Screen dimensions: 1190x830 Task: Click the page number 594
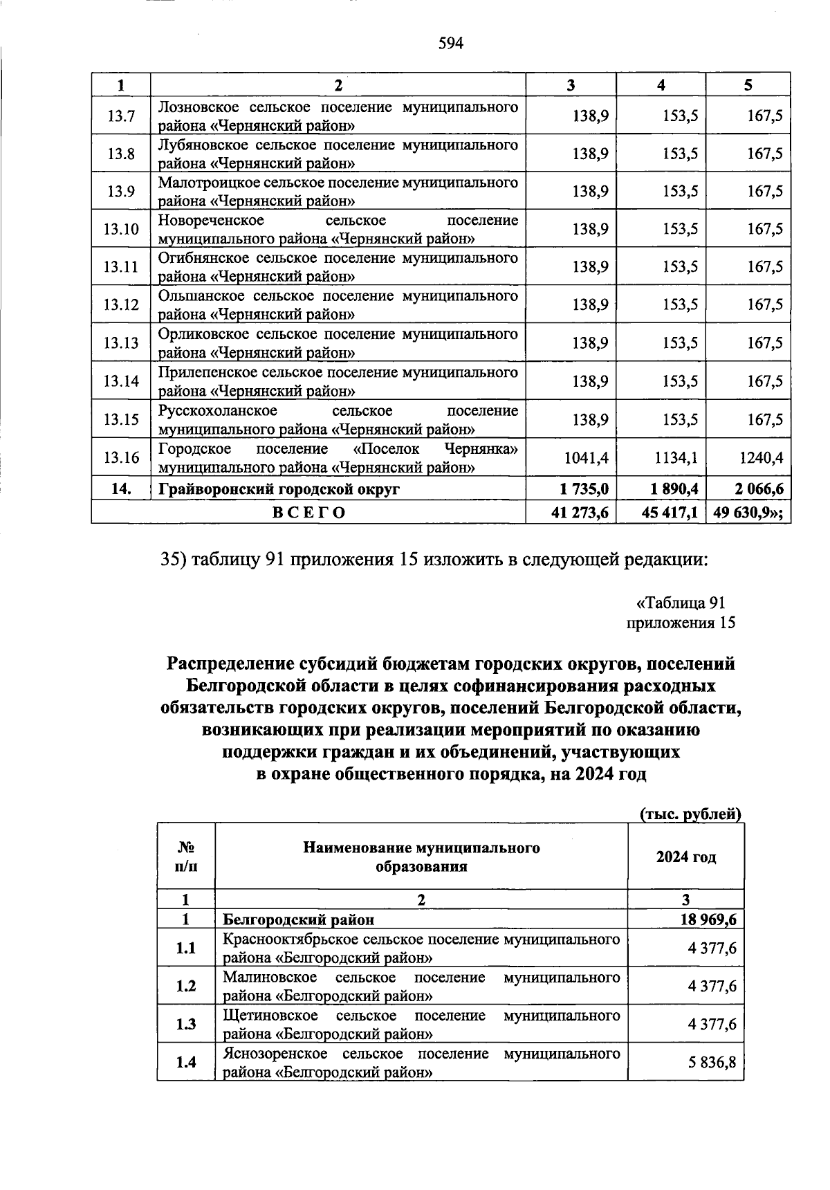[x=450, y=44]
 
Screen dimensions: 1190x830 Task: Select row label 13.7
[x=121, y=116]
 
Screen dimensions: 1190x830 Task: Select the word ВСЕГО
[x=308, y=512]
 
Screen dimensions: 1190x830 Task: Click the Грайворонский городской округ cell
[x=279, y=489]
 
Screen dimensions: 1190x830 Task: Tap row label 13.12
[x=121, y=305]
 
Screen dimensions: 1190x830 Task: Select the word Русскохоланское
[x=217, y=411]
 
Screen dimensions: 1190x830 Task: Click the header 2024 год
[x=685, y=857]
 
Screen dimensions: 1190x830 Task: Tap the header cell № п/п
[x=185, y=857]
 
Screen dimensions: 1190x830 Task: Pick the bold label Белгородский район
[x=298, y=919]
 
